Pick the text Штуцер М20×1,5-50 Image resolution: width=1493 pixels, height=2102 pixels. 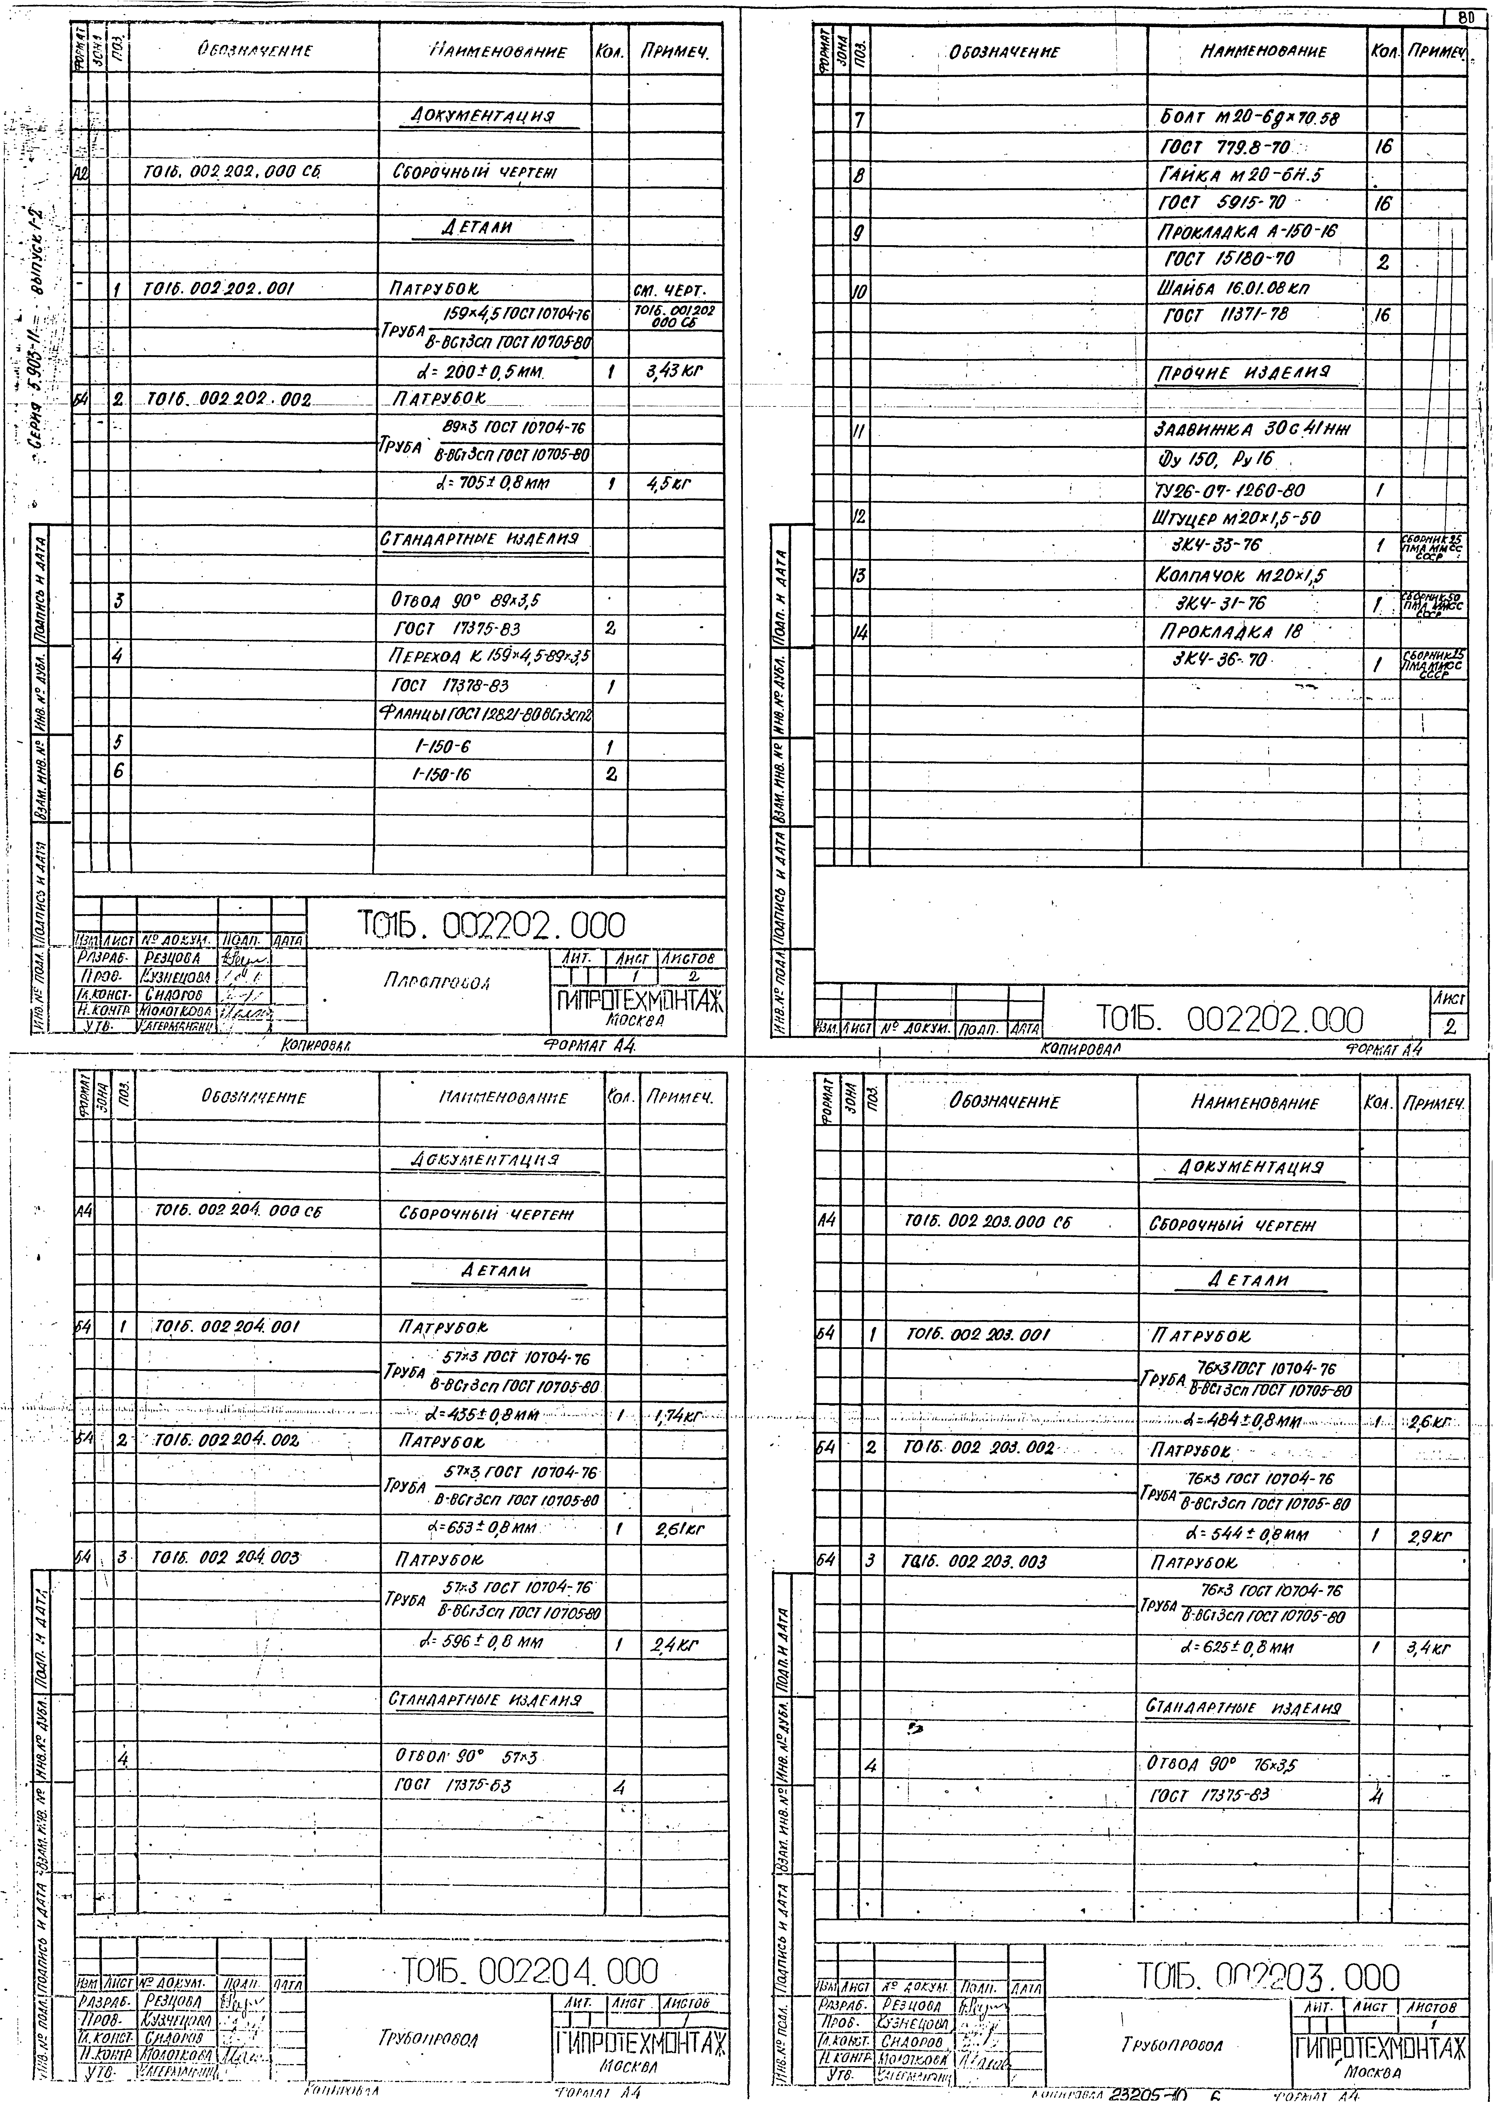point(1237,518)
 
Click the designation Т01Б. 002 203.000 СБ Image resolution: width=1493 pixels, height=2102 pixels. point(988,1222)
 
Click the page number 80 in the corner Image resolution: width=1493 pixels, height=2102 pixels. point(1467,17)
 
